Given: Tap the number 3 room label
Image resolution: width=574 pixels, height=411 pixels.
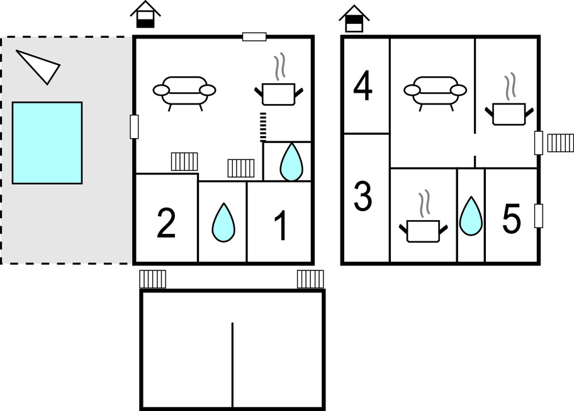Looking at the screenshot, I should point(363,197).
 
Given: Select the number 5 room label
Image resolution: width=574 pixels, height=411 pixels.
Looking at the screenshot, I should point(512,220).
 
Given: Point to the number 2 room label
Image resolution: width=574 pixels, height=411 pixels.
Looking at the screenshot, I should point(166,224).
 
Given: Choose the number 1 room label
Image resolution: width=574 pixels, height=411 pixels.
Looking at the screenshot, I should point(281,226).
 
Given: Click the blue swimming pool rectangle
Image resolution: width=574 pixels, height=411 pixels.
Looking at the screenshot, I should point(47,142).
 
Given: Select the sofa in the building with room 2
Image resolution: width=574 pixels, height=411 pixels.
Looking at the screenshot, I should point(184,91).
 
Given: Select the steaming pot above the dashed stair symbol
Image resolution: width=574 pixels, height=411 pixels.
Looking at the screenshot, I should point(278,92).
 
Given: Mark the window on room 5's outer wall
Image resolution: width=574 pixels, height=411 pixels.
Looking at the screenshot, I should point(539,216).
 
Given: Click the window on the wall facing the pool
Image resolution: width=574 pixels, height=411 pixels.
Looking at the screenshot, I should point(133,127).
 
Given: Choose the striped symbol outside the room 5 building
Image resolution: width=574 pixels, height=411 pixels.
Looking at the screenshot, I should point(560,143).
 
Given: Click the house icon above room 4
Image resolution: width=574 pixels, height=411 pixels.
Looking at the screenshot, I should point(354,20).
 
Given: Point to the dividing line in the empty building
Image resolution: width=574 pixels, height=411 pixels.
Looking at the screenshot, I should point(232,365).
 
